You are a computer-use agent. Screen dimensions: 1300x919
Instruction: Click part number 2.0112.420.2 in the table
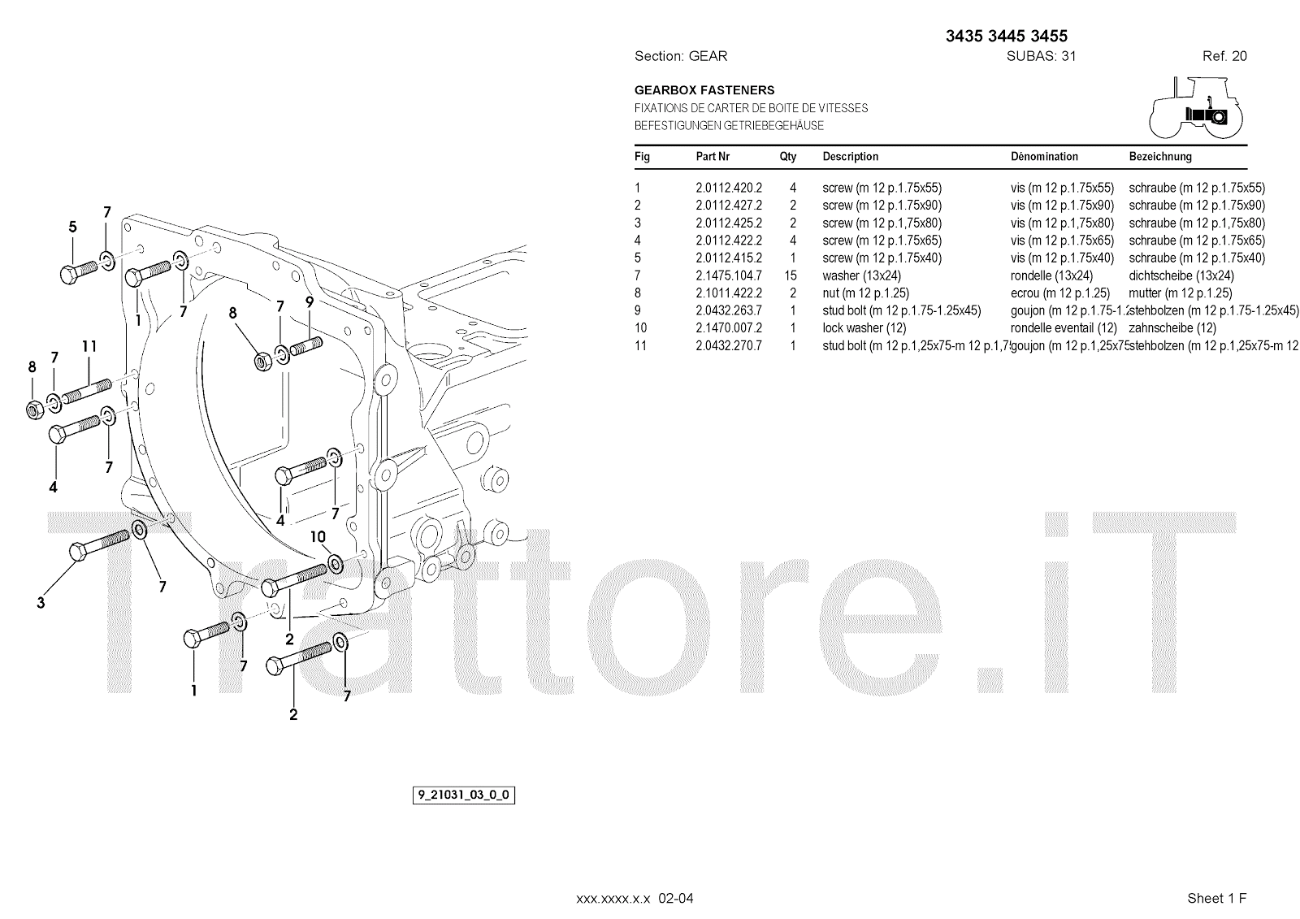[x=728, y=188]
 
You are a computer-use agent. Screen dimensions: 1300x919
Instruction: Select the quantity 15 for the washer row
[x=791, y=275]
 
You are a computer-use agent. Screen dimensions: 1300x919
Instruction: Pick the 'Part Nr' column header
[x=713, y=157]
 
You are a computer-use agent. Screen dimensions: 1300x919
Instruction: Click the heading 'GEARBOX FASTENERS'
[x=704, y=90]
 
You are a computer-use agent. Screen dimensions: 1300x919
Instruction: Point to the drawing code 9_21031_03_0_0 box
[x=464, y=795]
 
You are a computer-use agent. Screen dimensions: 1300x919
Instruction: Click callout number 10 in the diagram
[x=318, y=537]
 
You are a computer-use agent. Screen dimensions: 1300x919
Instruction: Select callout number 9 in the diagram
[x=310, y=302]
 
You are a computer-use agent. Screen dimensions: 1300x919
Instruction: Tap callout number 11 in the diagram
[x=89, y=347]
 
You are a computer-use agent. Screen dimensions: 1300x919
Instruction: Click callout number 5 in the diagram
[x=72, y=228]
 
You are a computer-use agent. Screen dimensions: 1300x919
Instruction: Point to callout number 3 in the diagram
[x=41, y=603]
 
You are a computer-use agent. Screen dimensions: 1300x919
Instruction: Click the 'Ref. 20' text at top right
[x=1224, y=56]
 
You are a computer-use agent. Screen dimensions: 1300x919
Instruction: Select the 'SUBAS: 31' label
[x=1041, y=56]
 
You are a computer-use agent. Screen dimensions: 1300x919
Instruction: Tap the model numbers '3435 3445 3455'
[x=1007, y=36]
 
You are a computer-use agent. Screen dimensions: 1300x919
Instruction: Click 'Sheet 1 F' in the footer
[x=1216, y=898]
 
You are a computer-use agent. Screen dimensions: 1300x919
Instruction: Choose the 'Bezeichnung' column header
[x=1160, y=157]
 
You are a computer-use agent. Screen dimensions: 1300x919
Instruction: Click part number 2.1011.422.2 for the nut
[x=728, y=293]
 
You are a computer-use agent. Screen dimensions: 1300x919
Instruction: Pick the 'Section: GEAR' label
[x=680, y=56]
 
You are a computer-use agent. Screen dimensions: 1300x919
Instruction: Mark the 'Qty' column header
[x=788, y=157]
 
